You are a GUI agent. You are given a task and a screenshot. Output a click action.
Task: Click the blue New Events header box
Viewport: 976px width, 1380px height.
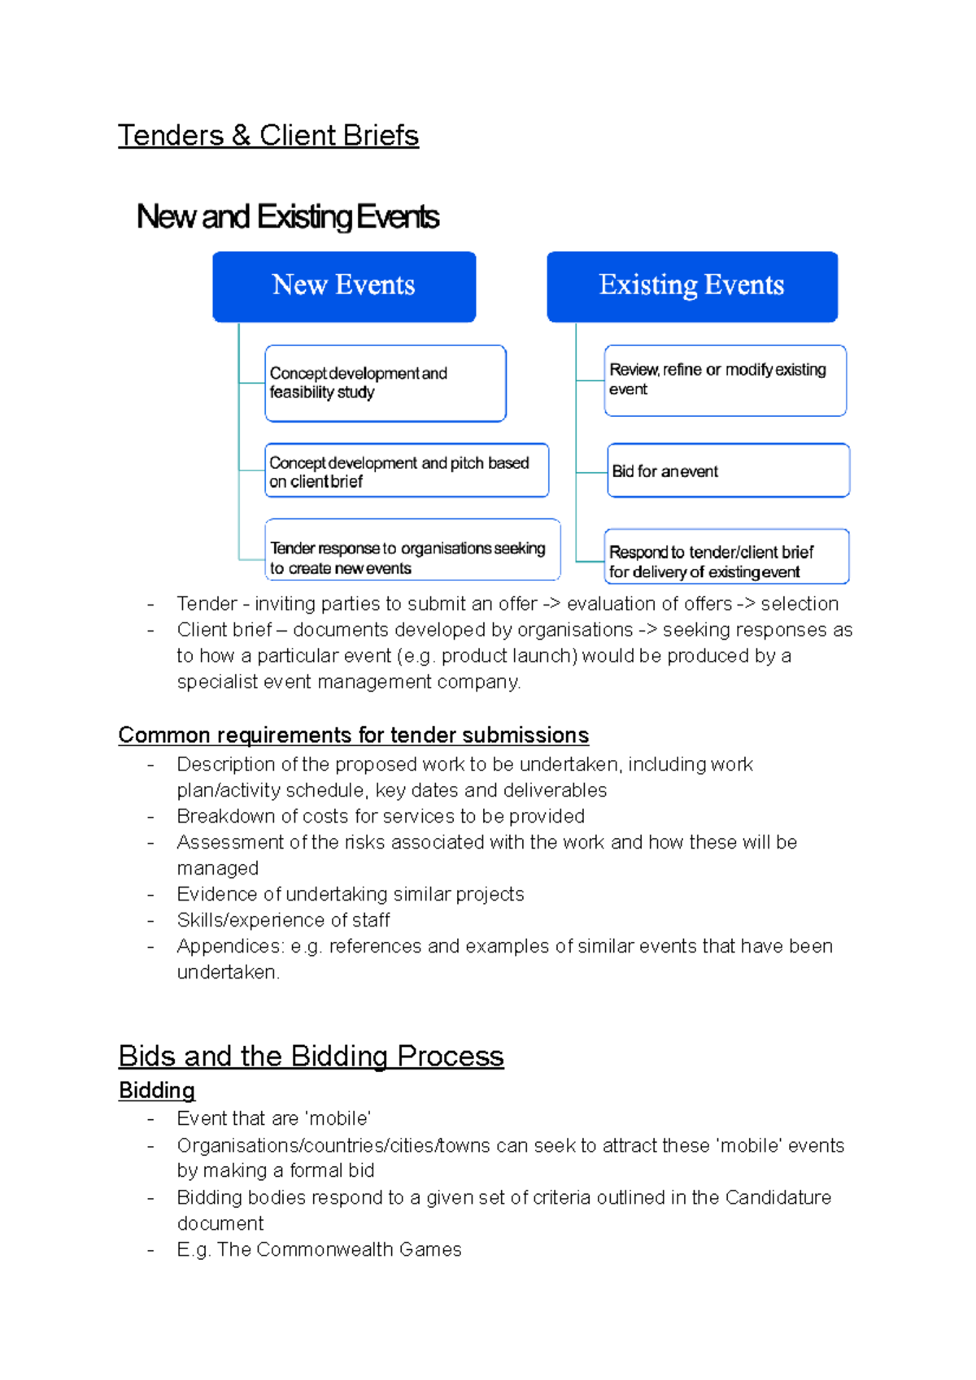(x=344, y=286)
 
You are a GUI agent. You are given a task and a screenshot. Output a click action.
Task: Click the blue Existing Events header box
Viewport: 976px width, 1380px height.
(x=692, y=286)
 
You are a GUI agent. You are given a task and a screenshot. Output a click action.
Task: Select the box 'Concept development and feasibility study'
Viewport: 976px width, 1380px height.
(x=386, y=383)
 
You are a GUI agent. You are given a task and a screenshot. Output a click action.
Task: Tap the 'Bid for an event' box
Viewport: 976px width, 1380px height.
(x=728, y=471)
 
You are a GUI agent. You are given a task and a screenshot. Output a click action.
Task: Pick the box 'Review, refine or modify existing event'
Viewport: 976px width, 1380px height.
(x=725, y=380)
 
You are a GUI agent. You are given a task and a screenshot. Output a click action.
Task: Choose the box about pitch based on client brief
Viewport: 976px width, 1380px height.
(x=407, y=471)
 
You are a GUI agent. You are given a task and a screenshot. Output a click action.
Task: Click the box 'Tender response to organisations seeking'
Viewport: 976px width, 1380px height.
(x=412, y=549)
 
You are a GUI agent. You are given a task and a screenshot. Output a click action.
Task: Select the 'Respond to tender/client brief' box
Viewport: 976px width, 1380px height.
(x=726, y=557)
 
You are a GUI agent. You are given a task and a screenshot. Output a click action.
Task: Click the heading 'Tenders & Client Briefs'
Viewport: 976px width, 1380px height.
(x=268, y=135)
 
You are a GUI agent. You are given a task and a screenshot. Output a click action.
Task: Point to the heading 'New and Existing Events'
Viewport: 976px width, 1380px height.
(x=288, y=217)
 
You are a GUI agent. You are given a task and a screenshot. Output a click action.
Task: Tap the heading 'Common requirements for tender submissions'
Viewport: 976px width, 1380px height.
(x=353, y=735)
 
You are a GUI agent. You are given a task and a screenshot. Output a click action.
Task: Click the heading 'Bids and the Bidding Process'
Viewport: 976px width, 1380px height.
(x=311, y=1056)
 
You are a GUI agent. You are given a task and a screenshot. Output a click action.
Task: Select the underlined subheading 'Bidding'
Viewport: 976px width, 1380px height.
(x=157, y=1090)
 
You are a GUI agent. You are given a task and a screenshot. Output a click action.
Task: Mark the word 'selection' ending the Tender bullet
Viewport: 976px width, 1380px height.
(x=800, y=604)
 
